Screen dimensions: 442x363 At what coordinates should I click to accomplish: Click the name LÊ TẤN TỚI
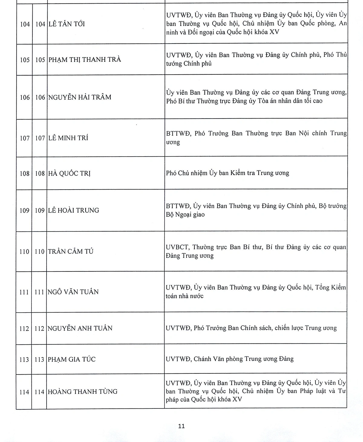pyautogui.click(x=67, y=24)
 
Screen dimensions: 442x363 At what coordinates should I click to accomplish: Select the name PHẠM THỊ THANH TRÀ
pyautogui.click(x=85, y=60)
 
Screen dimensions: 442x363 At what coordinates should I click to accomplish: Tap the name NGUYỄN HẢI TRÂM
pyautogui.click(x=80, y=97)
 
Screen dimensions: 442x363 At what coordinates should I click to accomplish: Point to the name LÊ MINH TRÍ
pyautogui.click(x=68, y=138)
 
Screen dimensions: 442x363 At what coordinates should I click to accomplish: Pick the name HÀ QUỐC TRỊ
pyautogui.click(x=70, y=174)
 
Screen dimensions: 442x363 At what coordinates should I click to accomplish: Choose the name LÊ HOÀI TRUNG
pyautogui.click(x=74, y=210)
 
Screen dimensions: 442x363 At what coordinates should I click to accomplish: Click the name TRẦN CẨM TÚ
pyautogui.click(x=71, y=251)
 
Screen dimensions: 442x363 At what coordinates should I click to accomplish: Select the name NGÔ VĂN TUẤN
pyautogui.click(x=73, y=292)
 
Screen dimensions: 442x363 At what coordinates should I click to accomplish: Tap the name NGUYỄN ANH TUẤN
pyautogui.click(x=80, y=328)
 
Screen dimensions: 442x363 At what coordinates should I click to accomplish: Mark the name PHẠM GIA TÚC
pyautogui.click(x=72, y=359)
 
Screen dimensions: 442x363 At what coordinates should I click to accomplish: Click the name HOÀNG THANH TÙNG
pyautogui.click(x=83, y=392)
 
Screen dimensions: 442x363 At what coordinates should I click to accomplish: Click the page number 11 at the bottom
pyautogui.click(x=181, y=426)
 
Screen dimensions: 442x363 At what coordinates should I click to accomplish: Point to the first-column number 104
pyautogui.click(x=25, y=24)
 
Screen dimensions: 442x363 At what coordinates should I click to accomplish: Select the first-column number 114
pyautogui.click(x=24, y=392)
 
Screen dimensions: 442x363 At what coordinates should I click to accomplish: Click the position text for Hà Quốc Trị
pyautogui.click(x=227, y=173)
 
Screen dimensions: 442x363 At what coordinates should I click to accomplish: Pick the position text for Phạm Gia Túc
pyautogui.click(x=230, y=359)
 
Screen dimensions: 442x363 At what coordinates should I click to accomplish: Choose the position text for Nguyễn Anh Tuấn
pyautogui.click(x=251, y=328)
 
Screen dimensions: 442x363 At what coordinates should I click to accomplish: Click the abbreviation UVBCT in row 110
pyautogui.click(x=178, y=247)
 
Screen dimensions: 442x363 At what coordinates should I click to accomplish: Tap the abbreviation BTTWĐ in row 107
pyautogui.click(x=178, y=133)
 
